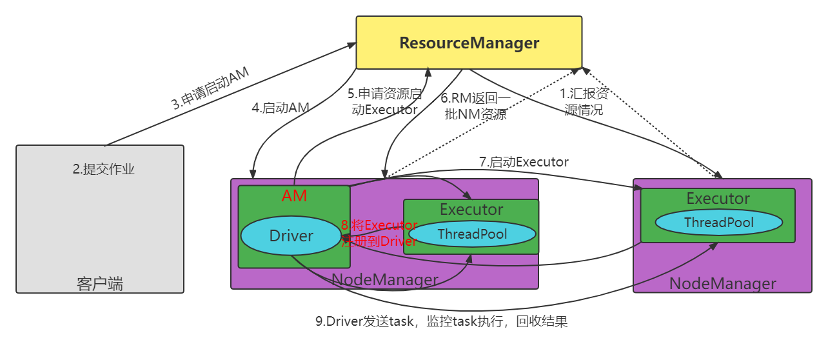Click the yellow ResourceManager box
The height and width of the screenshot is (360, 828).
(x=469, y=43)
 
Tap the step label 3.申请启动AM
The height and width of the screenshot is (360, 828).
(x=210, y=88)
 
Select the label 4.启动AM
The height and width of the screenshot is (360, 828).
(x=281, y=108)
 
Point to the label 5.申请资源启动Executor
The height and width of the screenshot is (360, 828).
(x=385, y=102)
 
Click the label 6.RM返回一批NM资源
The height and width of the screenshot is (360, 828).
(x=476, y=106)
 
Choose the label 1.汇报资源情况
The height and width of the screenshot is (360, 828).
(x=584, y=102)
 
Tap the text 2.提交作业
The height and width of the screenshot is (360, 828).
(x=104, y=170)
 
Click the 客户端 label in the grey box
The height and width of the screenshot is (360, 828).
(x=100, y=284)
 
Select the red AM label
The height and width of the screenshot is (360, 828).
(x=294, y=196)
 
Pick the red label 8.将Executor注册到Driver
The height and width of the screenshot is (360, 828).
(x=379, y=234)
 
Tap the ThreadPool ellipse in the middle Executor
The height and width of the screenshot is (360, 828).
(x=473, y=234)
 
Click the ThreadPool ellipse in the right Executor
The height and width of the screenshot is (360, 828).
(x=718, y=223)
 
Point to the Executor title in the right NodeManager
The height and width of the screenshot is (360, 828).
(x=718, y=199)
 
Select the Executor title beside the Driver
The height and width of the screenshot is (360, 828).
(x=471, y=210)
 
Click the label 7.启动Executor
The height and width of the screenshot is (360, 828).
(x=524, y=162)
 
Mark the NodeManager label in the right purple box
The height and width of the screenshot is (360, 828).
(x=722, y=283)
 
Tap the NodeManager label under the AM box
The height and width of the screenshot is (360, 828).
(x=385, y=280)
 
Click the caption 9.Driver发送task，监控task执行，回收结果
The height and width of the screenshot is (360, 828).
(x=441, y=321)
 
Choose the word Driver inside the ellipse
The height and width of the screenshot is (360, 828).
(x=291, y=236)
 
